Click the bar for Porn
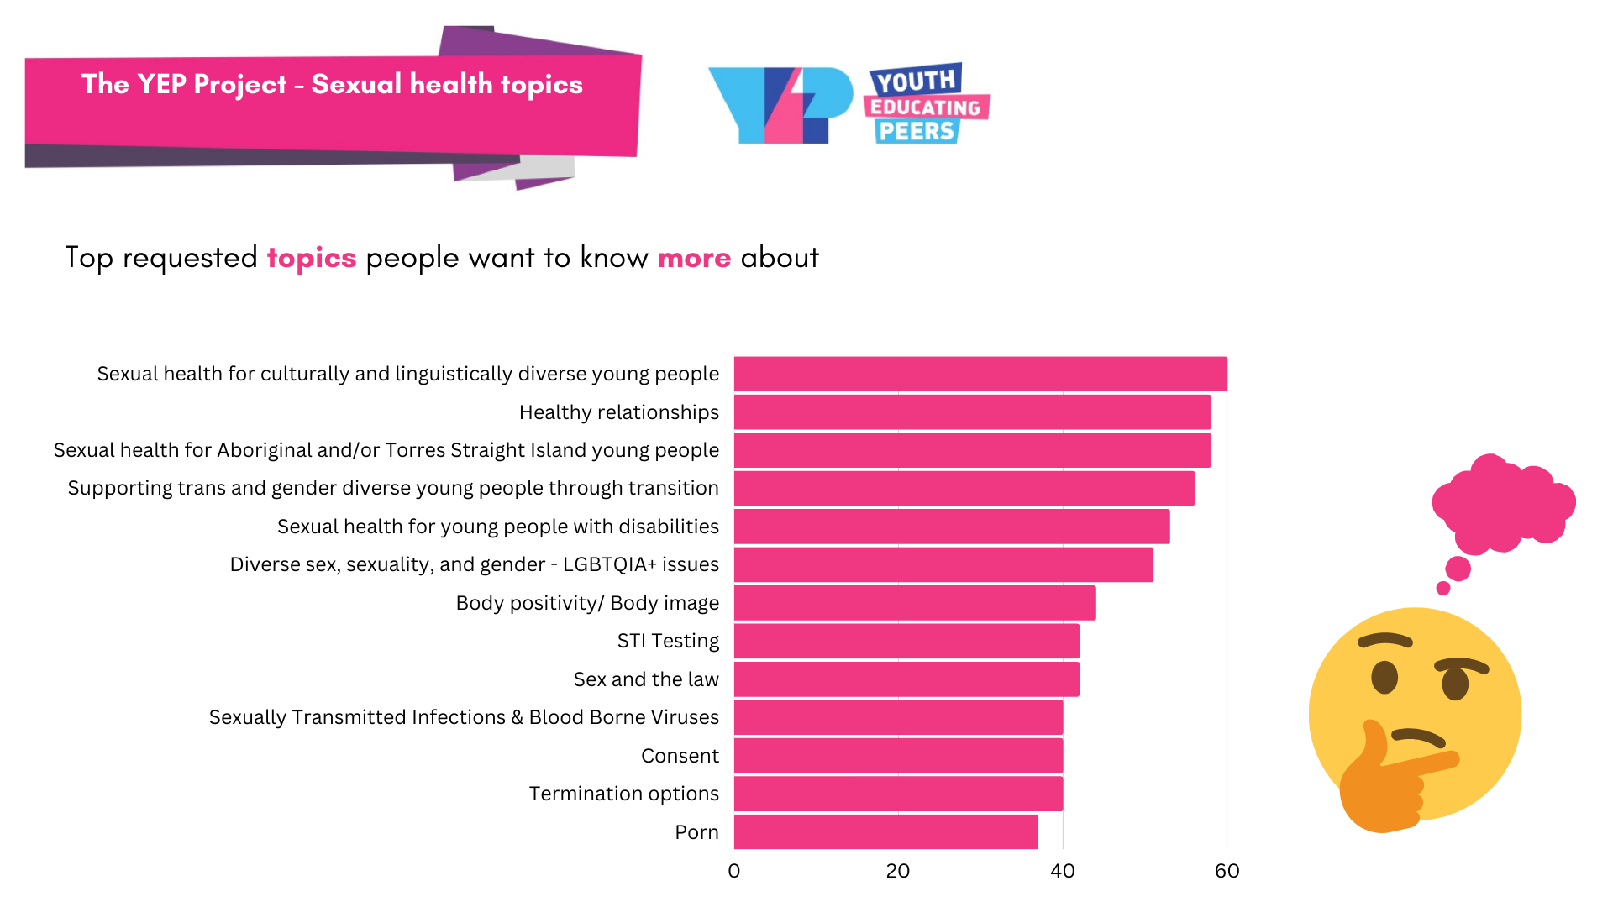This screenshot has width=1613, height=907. coord(885,831)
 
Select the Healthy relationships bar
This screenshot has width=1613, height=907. coord(972,412)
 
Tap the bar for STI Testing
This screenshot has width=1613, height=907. coord(906,641)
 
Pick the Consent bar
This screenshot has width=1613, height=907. coord(898,755)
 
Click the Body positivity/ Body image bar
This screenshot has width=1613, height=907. coord(915,603)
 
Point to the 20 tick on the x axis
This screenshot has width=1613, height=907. coord(897,871)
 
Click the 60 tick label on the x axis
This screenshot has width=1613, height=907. coord(1227,871)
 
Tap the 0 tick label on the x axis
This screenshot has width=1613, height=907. coord(734,871)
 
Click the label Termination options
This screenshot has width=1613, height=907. coord(623,794)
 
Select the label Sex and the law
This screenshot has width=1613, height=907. coord(646,679)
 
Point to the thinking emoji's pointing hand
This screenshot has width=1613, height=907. coord(1386,781)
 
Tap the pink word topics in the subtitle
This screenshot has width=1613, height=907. coord(312,258)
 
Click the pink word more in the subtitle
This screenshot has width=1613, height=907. coord(694,258)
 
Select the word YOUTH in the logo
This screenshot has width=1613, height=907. coord(916,81)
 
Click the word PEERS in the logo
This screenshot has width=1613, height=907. coord(916,132)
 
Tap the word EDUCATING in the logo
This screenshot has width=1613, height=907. coord(926,107)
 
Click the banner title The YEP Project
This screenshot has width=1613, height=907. coord(184,84)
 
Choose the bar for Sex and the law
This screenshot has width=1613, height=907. coord(906,679)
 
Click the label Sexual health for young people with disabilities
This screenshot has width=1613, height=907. coord(497,527)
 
